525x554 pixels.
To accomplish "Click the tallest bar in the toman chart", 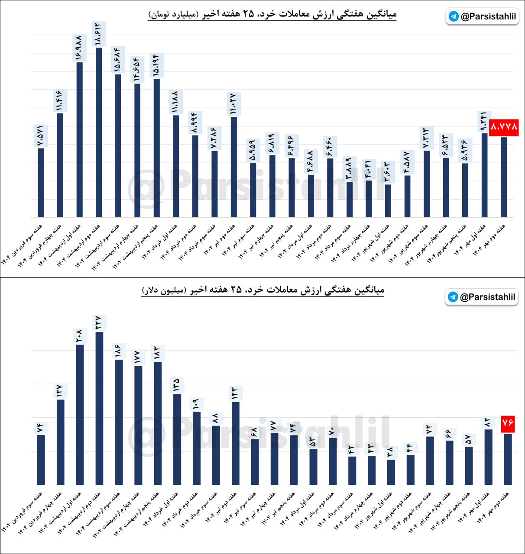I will click(x=99, y=132).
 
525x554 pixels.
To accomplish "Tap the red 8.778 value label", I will click(x=504, y=127).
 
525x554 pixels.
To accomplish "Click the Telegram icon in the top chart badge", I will click(x=454, y=16).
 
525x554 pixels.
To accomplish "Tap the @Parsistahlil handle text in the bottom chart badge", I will click(x=487, y=297).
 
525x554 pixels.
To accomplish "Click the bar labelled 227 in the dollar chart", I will click(x=99, y=408).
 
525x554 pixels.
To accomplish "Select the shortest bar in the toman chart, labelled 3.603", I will click(x=388, y=201).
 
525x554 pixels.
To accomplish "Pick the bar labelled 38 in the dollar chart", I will click(x=391, y=472).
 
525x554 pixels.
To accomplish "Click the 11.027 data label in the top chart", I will click(x=233, y=104).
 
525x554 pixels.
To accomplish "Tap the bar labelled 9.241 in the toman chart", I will click(x=484, y=175).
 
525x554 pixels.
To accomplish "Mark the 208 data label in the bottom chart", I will click(x=80, y=336).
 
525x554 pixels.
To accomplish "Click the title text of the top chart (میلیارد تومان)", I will click(x=272, y=14).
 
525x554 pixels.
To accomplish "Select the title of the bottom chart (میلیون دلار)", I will click(x=263, y=290).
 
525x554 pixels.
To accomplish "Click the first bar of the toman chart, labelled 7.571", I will click(x=41, y=183).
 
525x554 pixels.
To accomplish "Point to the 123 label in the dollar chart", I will click(x=235, y=393).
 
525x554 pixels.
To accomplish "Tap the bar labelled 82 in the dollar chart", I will click(x=489, y=457).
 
